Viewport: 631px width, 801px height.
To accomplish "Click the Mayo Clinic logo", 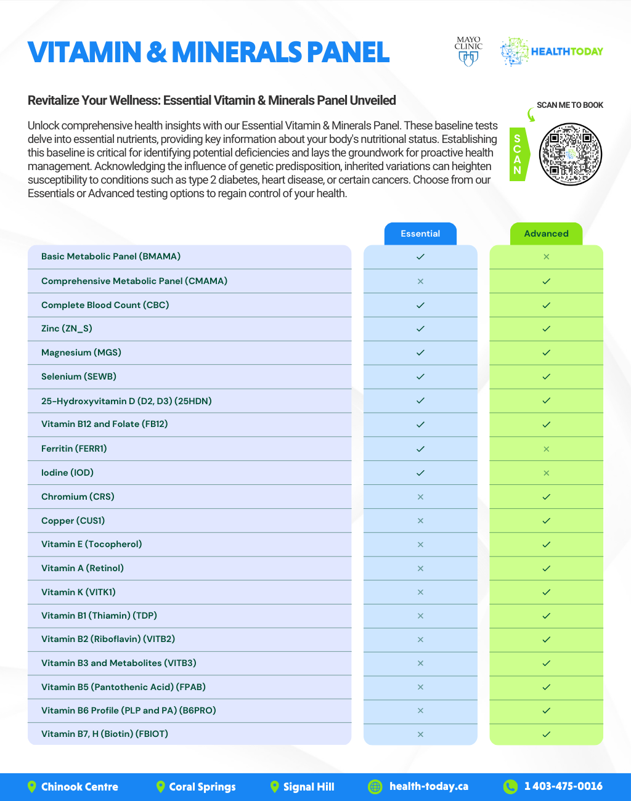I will tap(468, 51).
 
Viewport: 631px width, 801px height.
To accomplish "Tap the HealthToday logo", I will tap(552, 52).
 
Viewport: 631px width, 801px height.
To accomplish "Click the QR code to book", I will tap(570, 154).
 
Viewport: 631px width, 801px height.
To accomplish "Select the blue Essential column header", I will tap(420, 234).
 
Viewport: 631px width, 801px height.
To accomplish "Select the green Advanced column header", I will tap(546, 234).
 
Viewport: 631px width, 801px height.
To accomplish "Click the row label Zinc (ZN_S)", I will tap(67, 328).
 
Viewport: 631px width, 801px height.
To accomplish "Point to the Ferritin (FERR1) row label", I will tap(74, 449).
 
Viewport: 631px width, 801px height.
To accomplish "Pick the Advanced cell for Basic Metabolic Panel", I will tap(546, 257).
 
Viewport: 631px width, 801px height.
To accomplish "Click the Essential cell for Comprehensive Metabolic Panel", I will tap(420, 282).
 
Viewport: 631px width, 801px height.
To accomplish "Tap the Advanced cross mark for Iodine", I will tap(546, 473).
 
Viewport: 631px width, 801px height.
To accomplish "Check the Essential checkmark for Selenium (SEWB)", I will tap(420, 376).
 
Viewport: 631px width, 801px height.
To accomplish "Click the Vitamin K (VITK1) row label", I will tap(78, 592).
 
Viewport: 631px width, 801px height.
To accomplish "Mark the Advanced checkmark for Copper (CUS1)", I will tap(546, 521).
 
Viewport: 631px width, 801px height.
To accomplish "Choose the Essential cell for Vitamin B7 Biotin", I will tap(420, 734).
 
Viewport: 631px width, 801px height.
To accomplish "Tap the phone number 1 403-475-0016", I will tap(563, 786).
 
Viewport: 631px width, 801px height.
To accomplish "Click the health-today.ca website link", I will tap(428, 786).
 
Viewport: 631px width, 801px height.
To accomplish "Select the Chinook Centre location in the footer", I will tap(79, 787).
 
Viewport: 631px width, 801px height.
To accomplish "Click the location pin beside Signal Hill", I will tap(275, 787).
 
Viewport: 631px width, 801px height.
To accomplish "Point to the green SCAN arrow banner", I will tap(518, 154).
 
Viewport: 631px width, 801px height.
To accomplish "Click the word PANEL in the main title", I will tap(348, 52).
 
